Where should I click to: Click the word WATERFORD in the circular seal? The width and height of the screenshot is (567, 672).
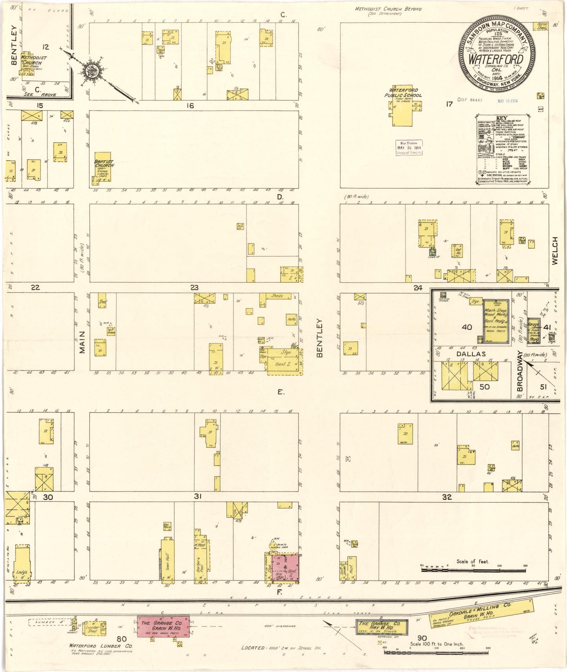click(x=496, y=59)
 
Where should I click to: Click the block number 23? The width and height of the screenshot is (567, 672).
click(x=194, y=288)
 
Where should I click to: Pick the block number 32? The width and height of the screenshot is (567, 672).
click(x=447, y=497)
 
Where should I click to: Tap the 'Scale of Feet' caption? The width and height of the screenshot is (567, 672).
click(x=472, y=562)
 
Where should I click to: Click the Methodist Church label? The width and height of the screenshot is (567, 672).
click(x=34, y=60)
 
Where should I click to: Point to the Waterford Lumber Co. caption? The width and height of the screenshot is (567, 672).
click(x=101, y=645)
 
